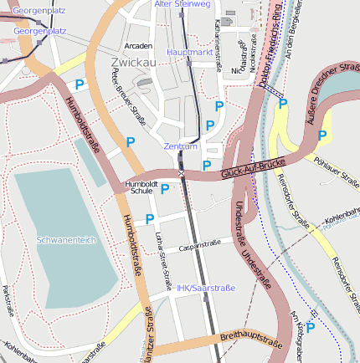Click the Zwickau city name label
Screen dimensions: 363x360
tap(134, 62)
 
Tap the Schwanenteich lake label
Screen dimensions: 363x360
tap(67, 239)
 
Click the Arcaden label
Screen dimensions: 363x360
tap(138, 45)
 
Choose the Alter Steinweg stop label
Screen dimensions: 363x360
tap(183, 4)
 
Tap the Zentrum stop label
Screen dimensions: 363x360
tap(180, 146)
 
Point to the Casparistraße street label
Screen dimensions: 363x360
tap(200, 246)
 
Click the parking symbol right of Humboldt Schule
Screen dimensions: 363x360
tap(165, 189)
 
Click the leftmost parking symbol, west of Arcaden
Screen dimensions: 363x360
tap(80, 84)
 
